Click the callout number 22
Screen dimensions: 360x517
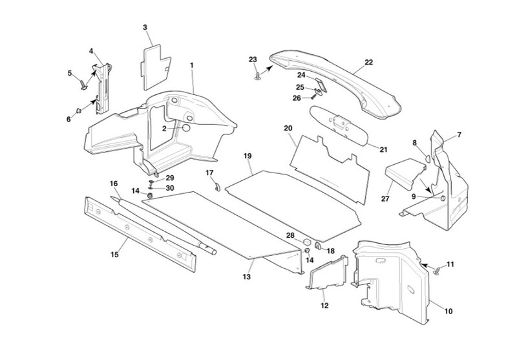click(368, 63)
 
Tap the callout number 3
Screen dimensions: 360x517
click(145, 27)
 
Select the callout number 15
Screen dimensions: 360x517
click(114, 255)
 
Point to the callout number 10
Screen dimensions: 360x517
click(448, 311)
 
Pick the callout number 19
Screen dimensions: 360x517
click(247, 156)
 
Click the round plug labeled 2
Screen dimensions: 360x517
click(185, 128)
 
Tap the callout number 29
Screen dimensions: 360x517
click(170, 178)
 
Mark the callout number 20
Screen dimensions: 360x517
click(288, 129)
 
